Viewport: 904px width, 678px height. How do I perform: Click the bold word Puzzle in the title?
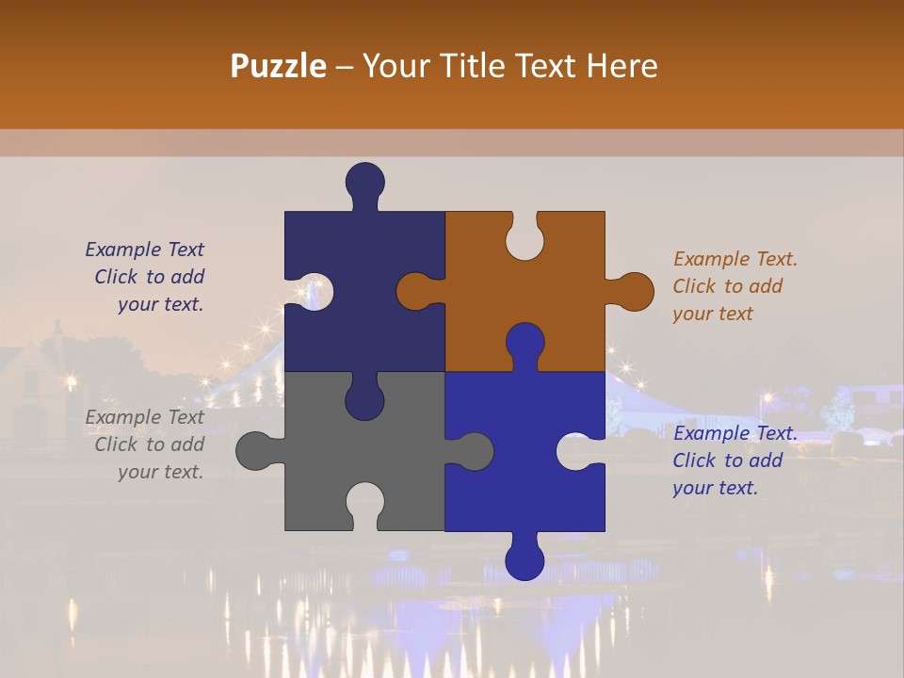pyautogui.click(x=279, y=66)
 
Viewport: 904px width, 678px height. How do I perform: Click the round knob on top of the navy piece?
pyautogui.click(x=364, y=181)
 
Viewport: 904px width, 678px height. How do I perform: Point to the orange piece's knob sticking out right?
pyautogui.click(x=634, y=291)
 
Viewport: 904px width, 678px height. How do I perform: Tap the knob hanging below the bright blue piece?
pyautogui.click(x=525, y=560)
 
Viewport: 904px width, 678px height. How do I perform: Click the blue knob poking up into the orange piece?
pyautogui.click(x=525, y=341)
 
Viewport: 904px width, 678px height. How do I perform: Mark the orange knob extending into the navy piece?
pyautogui.click(x=415, y=291)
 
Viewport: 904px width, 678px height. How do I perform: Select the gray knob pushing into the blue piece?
pyautogui.click(x=474, y=450)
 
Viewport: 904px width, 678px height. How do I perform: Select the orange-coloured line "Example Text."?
pyautogui.click(x=735, y=259)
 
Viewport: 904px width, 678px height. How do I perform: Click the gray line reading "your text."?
pyautogui.click(x=160, y=472)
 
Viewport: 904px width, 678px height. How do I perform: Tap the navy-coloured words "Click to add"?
pyautogui.click(x=149, y=277)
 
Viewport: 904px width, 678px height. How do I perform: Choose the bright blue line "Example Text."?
pyautogui.click(x=735, y=433)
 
